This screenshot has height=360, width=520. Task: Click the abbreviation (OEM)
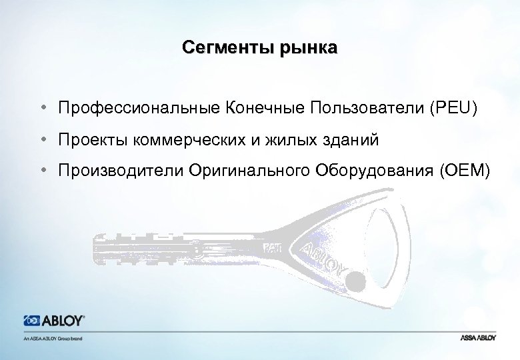[465, 173]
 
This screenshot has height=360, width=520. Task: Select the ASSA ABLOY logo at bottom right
[477, 338]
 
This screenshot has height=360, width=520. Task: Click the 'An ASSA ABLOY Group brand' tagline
[52, 338]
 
